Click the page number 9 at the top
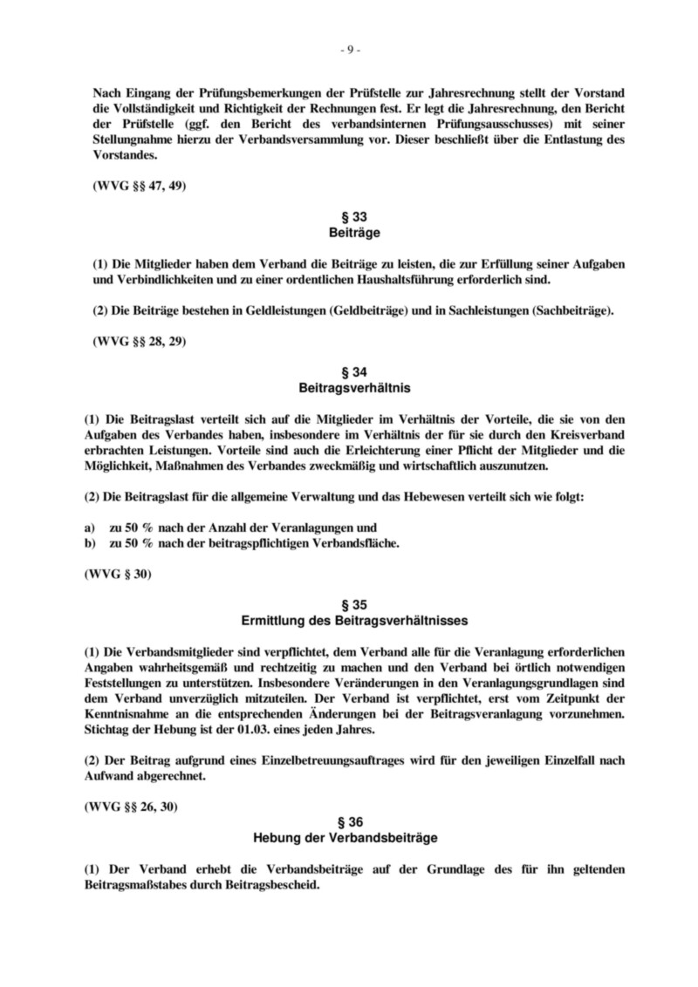point(349,49)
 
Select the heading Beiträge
point(349,234)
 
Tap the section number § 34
point(349,371)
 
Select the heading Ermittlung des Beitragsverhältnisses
point(349,621)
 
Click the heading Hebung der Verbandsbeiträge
point(349,838)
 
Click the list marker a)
point(89,528)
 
